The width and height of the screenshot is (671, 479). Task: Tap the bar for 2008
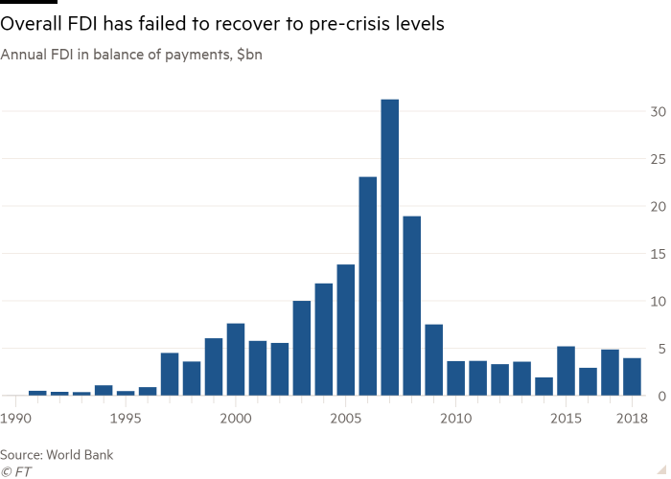(411, 306)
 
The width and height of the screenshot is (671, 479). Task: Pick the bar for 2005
(346, 331)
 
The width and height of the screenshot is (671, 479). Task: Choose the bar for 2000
(236, 359)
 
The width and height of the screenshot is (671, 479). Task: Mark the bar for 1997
(170, 375)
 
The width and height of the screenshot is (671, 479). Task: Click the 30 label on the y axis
(657, 111)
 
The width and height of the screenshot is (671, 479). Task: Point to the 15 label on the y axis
(657, 254)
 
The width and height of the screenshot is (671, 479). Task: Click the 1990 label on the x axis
(14, 419)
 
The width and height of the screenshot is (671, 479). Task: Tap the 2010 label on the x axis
(455, 419)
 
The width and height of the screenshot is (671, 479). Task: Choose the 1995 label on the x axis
(126, 419)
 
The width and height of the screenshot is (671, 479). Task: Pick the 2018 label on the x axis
(632, 419)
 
